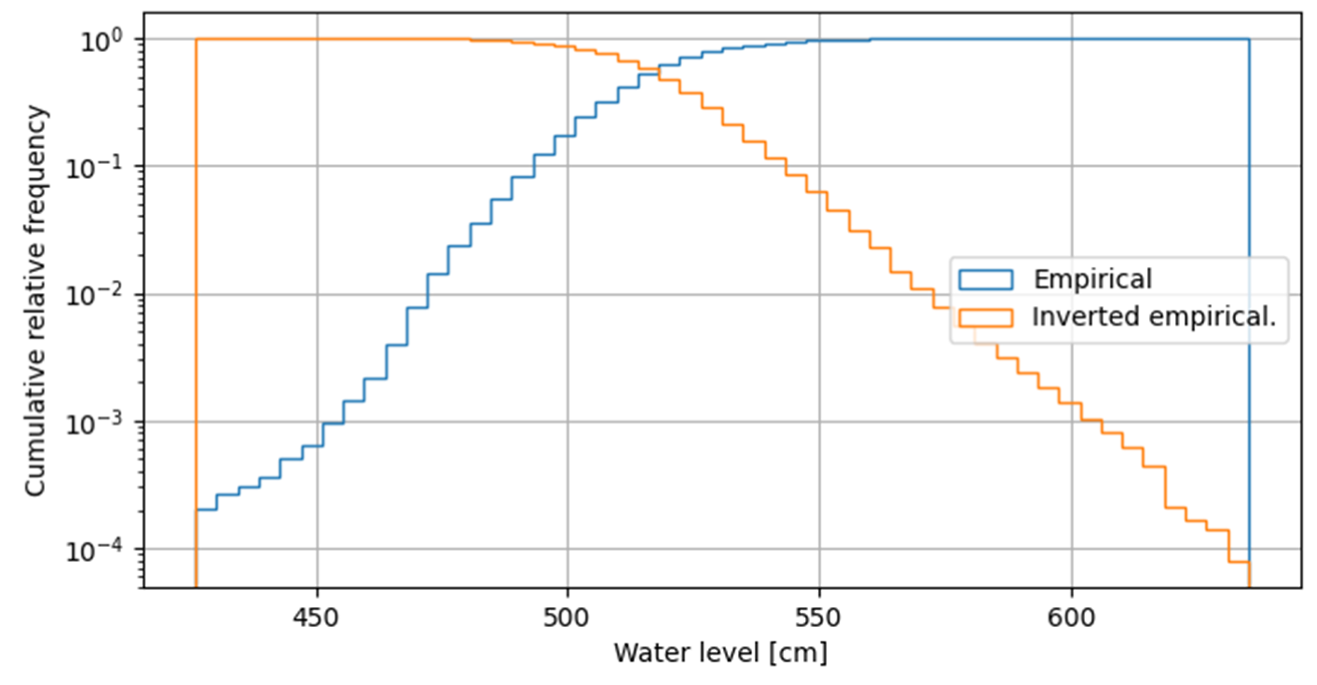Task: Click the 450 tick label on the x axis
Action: [315, 618]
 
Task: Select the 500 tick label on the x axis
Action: [566, 618]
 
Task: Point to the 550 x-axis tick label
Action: [818, 618]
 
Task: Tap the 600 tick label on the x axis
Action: [1071, 618]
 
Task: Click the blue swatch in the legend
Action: [985, 279]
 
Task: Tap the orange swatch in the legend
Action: [985, 317]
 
